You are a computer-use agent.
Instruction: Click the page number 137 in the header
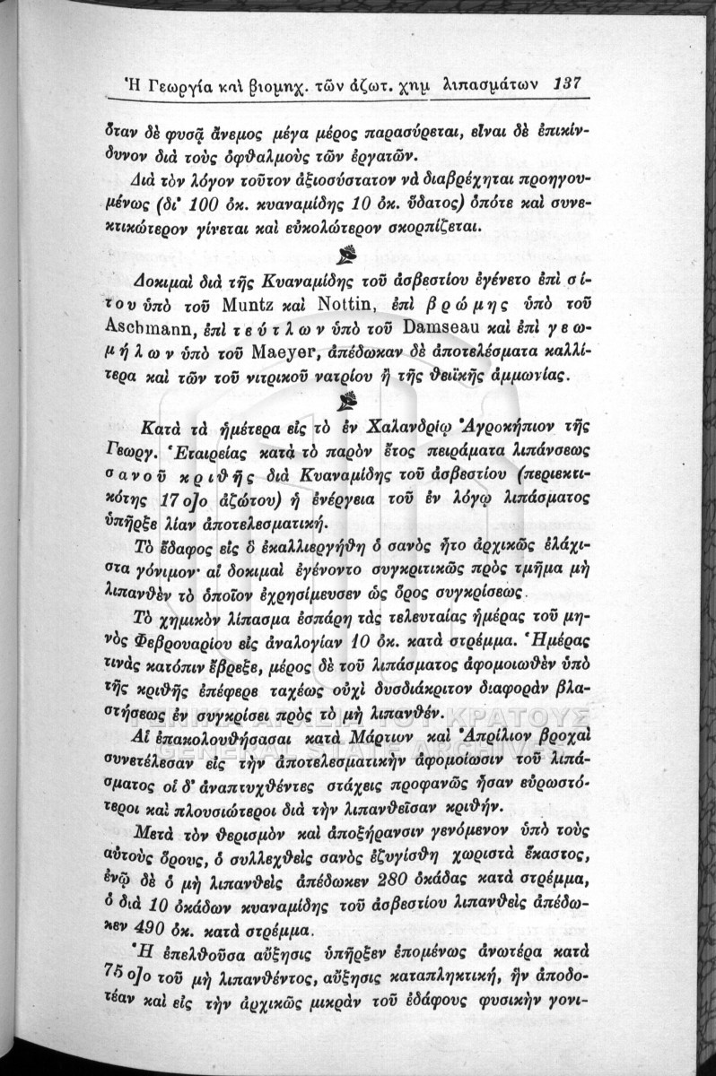(569, 82)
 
